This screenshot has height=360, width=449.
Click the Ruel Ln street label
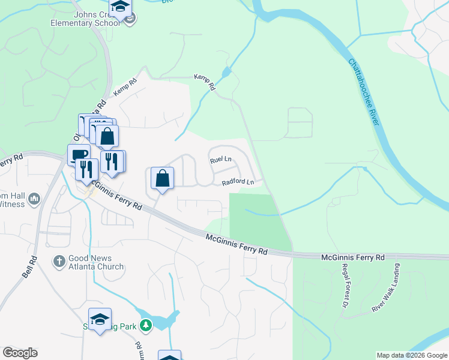pos(220,160)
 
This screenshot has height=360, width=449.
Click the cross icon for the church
pos(59,261)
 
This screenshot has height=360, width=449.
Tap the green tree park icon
pos(145,325)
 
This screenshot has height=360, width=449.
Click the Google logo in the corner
pos(20,353)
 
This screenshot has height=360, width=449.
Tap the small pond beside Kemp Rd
pos(226,73)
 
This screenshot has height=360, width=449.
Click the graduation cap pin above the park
pos(100,319)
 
